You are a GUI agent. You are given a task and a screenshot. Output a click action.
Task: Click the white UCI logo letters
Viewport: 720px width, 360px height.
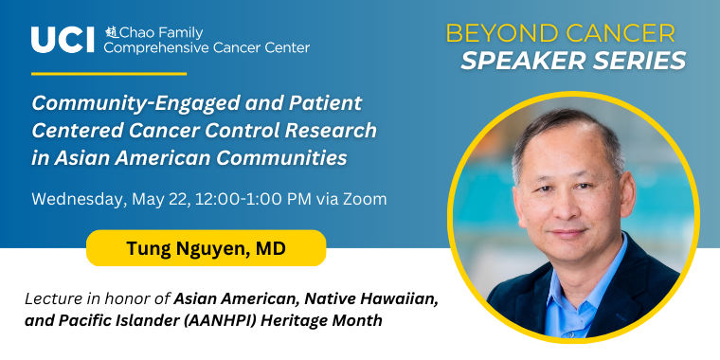pos(63,40)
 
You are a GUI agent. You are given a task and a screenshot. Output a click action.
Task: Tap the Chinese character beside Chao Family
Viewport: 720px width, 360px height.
pos(112,32)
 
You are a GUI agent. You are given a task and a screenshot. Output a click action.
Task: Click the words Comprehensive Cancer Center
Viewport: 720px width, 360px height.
pos(207,47)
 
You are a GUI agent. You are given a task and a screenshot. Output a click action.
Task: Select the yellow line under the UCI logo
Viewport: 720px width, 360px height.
pos(109,74)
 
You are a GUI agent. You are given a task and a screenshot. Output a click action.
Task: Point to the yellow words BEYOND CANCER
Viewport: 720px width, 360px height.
pos(561,33)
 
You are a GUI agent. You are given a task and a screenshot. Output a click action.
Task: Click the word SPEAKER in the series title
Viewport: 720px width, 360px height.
pos(524,61)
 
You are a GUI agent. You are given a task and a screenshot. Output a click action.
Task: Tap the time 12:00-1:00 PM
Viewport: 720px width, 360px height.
pos(254,199)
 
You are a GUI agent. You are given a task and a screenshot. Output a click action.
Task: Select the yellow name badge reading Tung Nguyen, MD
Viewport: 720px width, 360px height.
pos(207,248)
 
